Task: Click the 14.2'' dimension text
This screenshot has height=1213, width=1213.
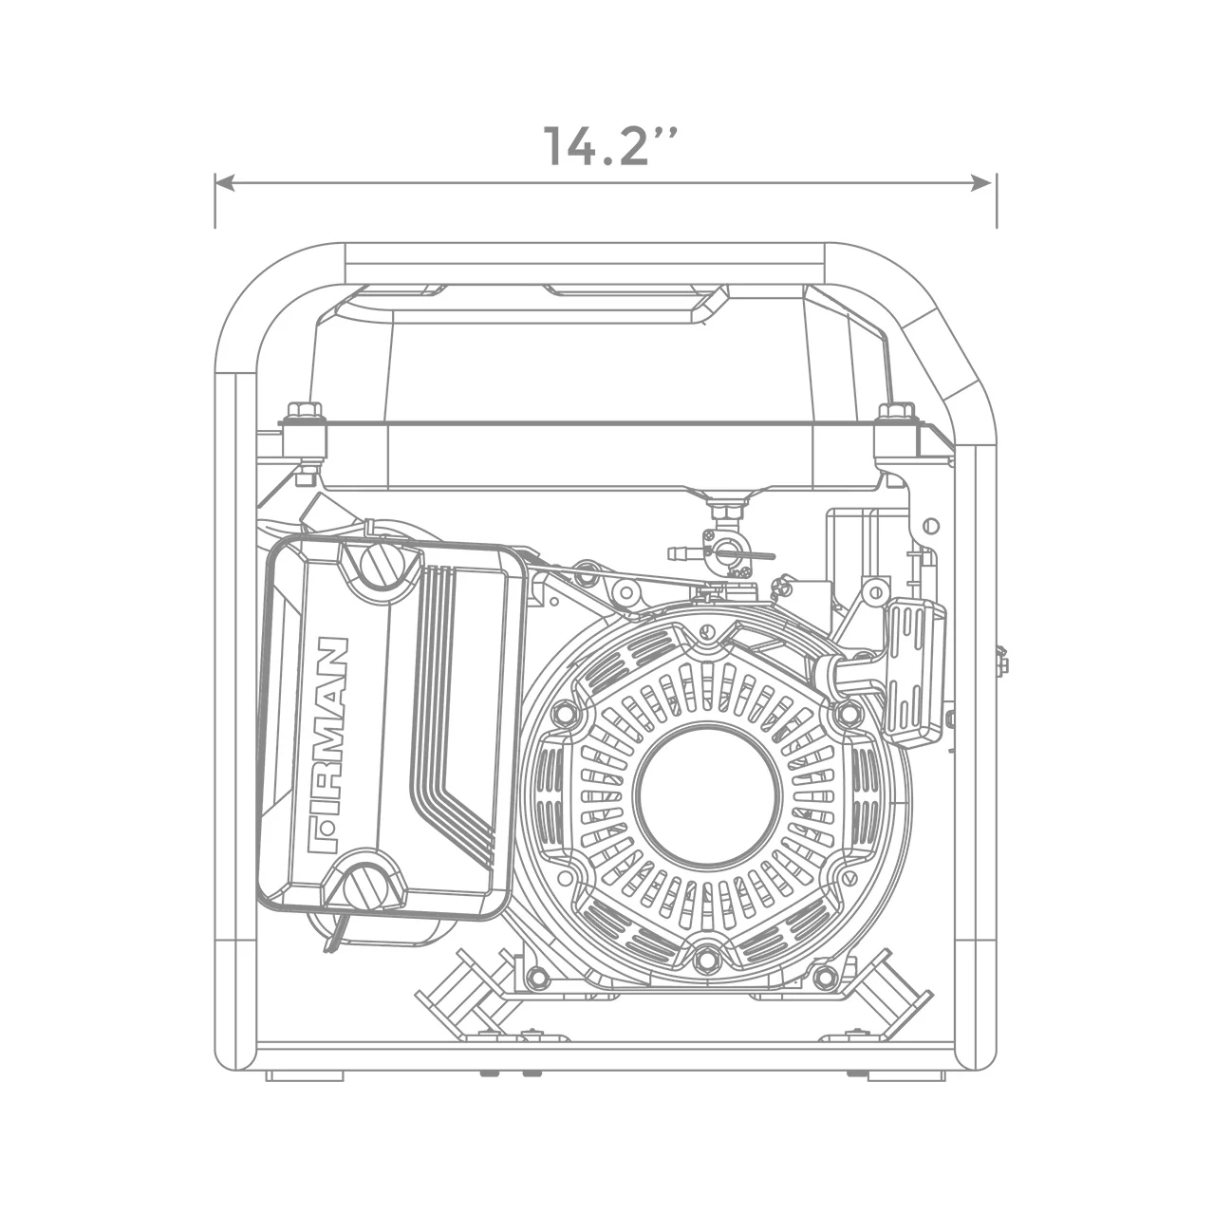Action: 607,146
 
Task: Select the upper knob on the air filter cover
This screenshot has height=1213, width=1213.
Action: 390,567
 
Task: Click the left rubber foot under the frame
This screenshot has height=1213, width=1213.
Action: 304,1076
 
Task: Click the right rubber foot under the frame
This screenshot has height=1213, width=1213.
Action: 906,1076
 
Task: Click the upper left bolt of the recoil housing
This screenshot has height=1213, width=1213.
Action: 566,712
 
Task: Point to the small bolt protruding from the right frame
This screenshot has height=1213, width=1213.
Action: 1001,662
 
